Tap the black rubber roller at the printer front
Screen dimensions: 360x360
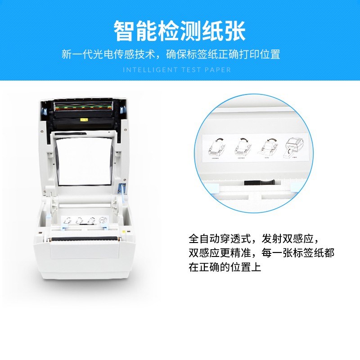click(81, 237)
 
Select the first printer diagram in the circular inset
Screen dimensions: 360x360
click(217, 148)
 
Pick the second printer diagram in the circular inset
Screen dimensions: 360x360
click(243, 148)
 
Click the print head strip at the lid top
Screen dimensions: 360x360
click(84, 108)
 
